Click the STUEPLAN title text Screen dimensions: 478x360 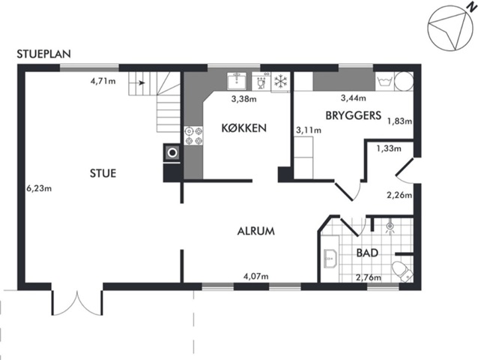click(44, 54)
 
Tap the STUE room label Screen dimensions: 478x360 click(103, 173)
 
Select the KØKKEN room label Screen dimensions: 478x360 click(244, 127)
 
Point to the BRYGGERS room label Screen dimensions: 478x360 click(354, 115)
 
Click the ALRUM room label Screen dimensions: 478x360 click(255, 231)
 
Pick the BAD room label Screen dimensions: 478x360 click(367, 253)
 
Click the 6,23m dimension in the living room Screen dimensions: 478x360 click(39, 188)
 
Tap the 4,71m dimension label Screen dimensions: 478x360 click(103, 81)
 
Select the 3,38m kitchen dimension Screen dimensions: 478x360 click(244, 99)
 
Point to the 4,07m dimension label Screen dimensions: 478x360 click(255, 277)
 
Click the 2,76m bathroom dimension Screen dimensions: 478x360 click(369, 277)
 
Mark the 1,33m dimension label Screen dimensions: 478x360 click(389, 148)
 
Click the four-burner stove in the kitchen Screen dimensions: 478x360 click(194, 136)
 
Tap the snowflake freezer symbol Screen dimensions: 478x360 click(281, 81)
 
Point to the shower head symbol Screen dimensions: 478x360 click(390, 227)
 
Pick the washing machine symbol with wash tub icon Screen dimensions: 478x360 click(384, 81)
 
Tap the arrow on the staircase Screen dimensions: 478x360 click(141, 82)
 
